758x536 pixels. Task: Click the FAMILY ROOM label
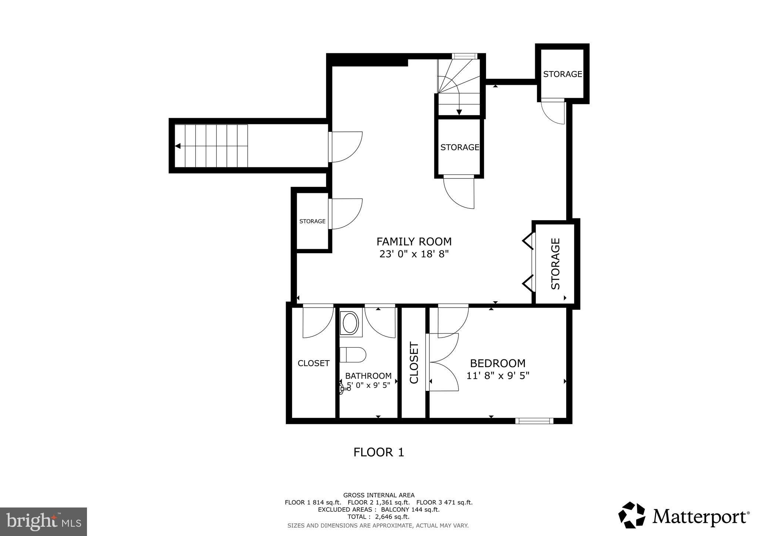(414, 242)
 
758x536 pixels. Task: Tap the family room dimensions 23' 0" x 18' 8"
(414, 254)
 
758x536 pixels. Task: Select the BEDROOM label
(497, 363)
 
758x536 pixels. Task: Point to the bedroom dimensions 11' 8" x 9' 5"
(497, 376)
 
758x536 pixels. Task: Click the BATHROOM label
(368, 376)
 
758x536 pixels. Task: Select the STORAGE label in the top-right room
(562, 74)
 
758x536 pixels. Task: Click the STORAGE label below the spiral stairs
(459, 147)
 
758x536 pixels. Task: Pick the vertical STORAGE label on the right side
(556, 264)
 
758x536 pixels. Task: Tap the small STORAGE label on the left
(312, 221)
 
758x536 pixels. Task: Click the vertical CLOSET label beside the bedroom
(414, 363)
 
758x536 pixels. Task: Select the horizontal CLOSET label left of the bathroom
(313, 363)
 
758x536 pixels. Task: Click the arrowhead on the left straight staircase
(178, 146)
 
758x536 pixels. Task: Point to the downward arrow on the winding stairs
(459, 112)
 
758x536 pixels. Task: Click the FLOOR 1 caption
(378, 452)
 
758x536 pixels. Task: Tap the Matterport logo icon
(632, 515)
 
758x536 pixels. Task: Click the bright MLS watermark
(43, 521)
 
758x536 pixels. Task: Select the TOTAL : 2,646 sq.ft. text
(378, 517)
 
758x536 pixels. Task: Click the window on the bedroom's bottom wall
(534, 421)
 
